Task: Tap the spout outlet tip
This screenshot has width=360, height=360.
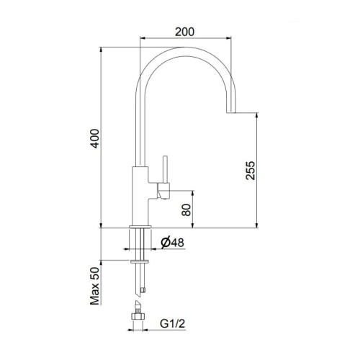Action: click(x=233, y=112)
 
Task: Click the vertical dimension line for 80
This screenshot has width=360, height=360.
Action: click(x=193, y=209)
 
